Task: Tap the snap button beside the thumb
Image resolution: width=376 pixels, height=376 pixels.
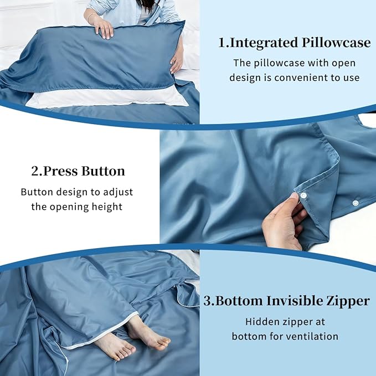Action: (304, 194)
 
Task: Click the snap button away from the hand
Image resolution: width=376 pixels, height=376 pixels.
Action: (354, 203)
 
